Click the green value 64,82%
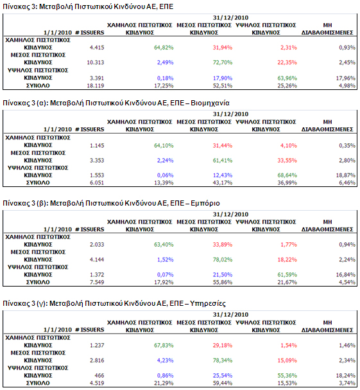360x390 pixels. [164, 48]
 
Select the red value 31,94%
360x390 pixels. [223, 48]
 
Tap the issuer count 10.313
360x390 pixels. [96, 62]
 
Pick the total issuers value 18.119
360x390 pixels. [96, 86]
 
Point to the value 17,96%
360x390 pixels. [346, 78]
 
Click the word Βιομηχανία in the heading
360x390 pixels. [210, 103]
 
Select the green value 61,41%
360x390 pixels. [223, 161]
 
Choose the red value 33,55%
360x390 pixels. [287, 161]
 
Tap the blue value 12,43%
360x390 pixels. [223, 175]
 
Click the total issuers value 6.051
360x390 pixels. [97, 183]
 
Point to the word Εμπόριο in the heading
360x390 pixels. [205, 203]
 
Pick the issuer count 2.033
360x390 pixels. [97, 245]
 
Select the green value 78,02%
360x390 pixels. [223, 260]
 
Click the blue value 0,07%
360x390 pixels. [165, 275]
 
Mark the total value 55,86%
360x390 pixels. [223, 282]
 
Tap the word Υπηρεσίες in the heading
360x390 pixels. [208, 303]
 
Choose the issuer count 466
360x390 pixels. [99, 376]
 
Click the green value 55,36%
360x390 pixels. [287, 376]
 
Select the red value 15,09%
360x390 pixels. [287, 360]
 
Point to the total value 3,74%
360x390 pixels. [347, 384]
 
